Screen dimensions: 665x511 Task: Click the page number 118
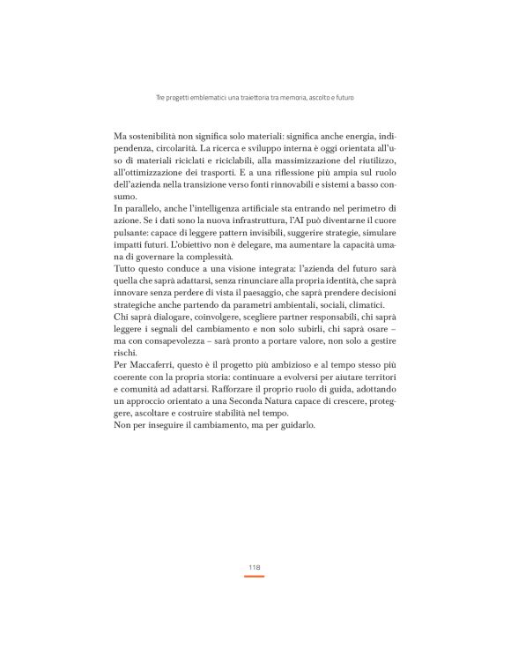(255, 568)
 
